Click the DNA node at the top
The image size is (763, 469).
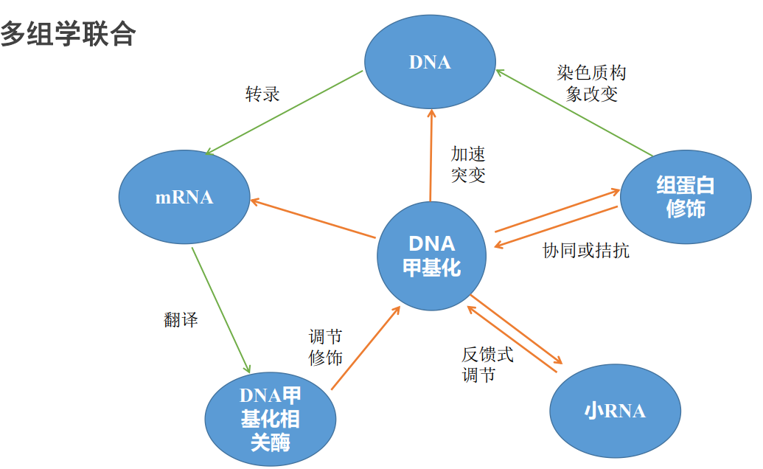(x=430, y=63)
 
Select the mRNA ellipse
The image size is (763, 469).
(x=184, y=198)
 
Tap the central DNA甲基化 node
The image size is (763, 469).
(x=432, y=254)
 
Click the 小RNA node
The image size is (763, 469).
(x=615, y=411)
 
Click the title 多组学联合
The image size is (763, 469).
(x=68, y=34)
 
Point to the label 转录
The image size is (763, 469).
(x=262, y=94)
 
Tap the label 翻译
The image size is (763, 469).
(x=180, y=320)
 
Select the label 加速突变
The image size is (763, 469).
(x=468, y=164)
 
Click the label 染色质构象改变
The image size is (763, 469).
(x=591, y=83)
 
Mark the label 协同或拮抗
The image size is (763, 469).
(x=586, y=251)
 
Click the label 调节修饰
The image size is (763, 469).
(x=325, y=347)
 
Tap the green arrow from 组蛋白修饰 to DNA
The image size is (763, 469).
(x=574, y=114)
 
